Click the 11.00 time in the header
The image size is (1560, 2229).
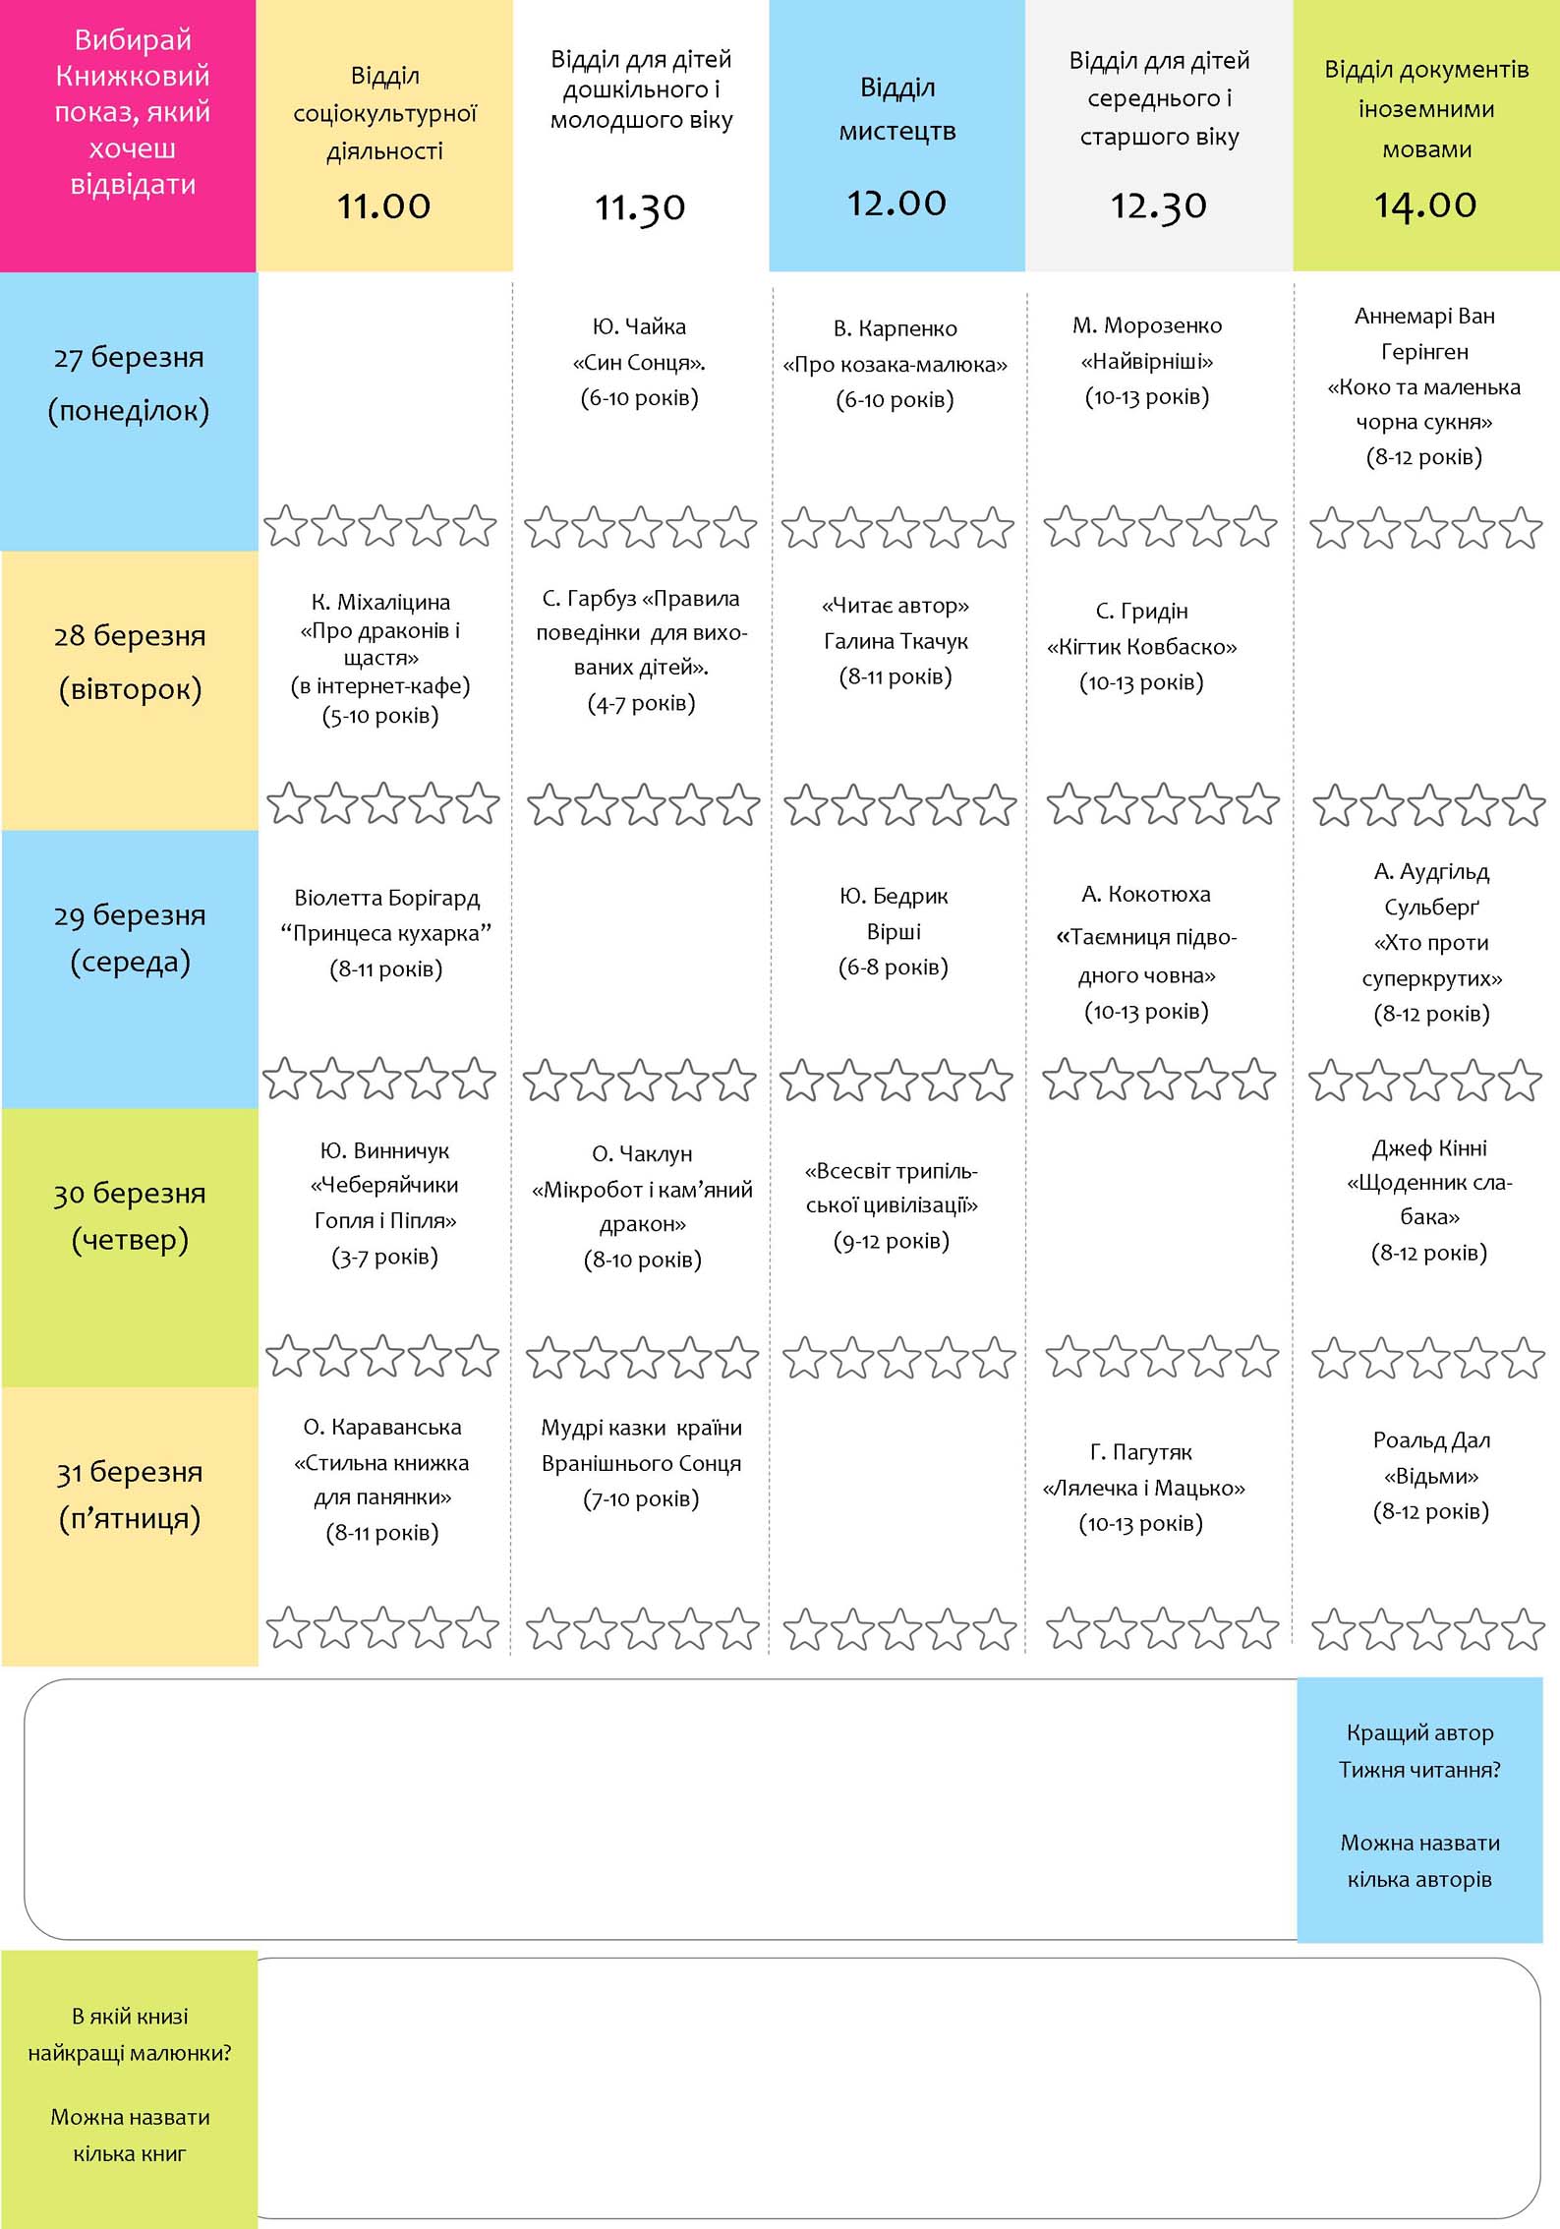coord(383,205)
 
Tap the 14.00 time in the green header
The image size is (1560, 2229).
coord(1425,205)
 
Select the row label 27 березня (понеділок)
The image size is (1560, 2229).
coord(129,383)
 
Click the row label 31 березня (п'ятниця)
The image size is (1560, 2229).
coord(130,1495)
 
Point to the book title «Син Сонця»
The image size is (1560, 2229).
coord(640,363)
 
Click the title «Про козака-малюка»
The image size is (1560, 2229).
coord(896,365)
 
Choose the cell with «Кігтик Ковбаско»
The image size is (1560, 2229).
coord(1141,646)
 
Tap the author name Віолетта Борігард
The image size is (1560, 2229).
coord(387,898)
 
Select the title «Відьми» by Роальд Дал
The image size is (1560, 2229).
coord(1431,1476)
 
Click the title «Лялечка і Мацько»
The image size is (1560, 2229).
coord(1143,1488)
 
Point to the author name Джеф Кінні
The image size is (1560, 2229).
coord(1430,1147)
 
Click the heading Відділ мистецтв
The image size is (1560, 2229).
coord(897,109)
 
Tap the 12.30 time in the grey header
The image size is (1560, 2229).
coord(1159,205)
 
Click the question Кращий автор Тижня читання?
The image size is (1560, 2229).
coord(1419,1751)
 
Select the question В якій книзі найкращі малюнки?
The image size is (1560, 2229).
coord(130,2034)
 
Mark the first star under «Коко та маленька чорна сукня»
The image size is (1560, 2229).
coord(1332,528)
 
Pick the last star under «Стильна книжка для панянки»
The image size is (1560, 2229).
coord(477,1627)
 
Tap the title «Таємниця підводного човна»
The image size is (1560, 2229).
coord(1146,956)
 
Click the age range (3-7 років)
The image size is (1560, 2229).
coord(384,1257)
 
